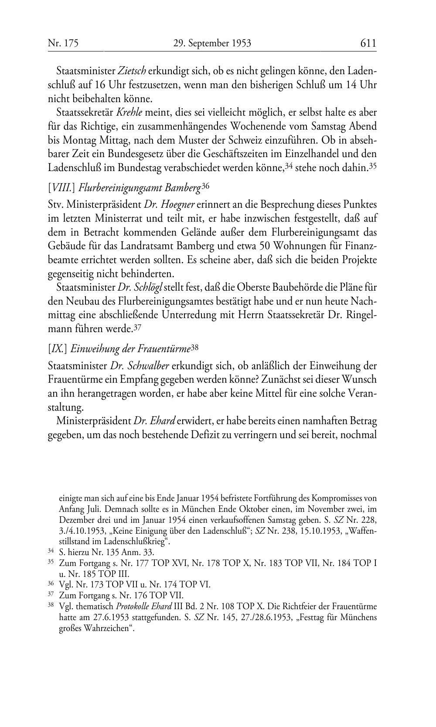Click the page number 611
(368, 43)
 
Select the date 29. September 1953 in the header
(212, 43)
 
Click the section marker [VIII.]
(62, 188)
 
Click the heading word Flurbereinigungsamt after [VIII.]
(120, 188)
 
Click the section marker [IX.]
(58, 348)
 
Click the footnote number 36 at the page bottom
(50, 584)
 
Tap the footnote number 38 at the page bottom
(50, 606)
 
